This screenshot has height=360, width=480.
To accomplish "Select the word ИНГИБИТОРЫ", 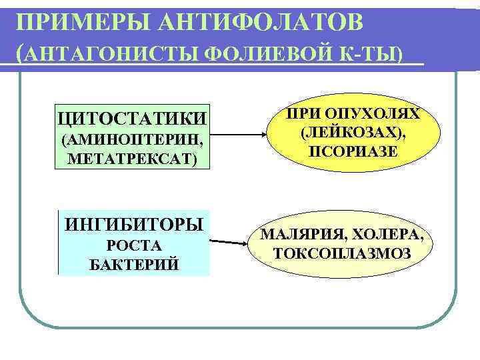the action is coord(133,223).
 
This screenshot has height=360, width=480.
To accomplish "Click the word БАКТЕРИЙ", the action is coord(133,265).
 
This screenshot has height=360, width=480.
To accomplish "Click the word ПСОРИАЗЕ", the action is coord(353,151).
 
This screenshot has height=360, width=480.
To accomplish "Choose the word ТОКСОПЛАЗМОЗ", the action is coord(342,254).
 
